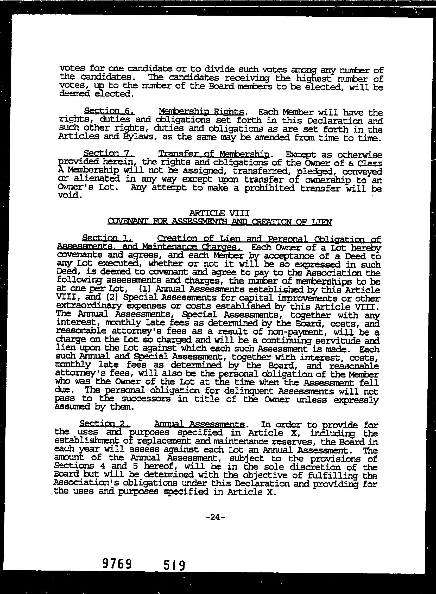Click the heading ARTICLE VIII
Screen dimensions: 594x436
coord(219,213)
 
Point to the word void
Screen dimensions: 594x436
coord(69,196)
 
